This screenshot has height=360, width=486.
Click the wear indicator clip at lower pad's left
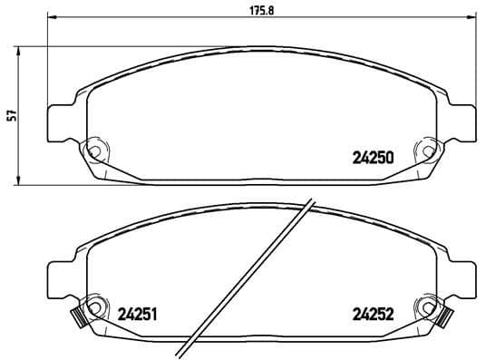(x=77, y=316)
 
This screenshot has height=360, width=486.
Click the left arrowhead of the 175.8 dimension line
(x=49, y=19)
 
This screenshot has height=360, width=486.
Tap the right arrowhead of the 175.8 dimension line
(x=470, y=19)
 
